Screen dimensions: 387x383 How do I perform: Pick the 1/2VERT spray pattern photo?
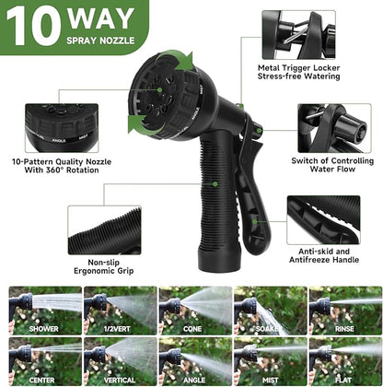[x=117, y=310]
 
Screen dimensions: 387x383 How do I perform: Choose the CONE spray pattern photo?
[x=192, y=310]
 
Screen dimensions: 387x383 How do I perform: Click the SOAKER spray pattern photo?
[x=268, y=310]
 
